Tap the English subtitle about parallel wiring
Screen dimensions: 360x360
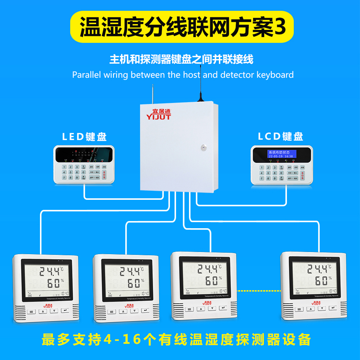click(183, 75)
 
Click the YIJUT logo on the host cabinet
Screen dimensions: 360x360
click(158, 114)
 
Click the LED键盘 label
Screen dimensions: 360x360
click(84, 137)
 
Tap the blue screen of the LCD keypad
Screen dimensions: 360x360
click(281, 154)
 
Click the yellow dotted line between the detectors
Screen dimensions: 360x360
click(258, 290)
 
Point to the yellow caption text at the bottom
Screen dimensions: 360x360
click(176, 339)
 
